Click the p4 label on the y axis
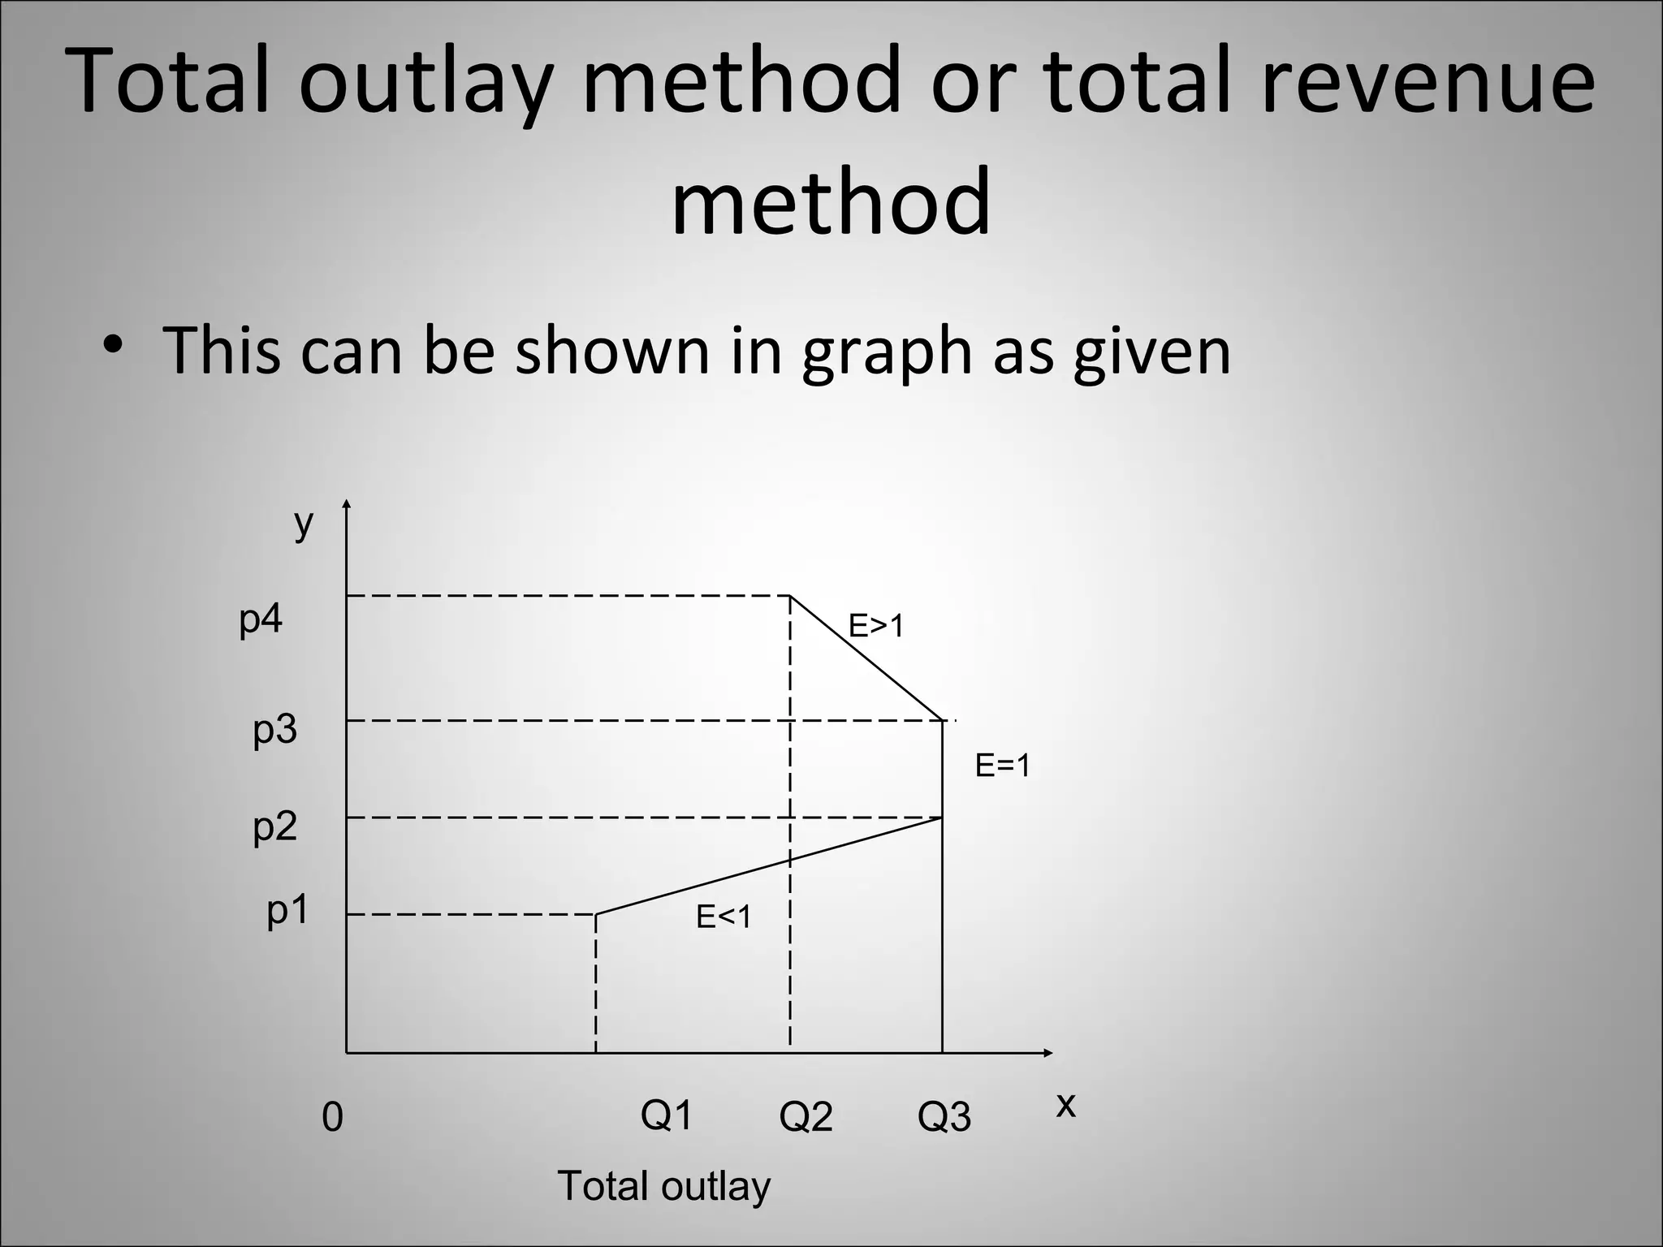261,620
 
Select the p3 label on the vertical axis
275,731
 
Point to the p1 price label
288,912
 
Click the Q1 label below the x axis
667,1115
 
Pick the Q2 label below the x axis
806,1118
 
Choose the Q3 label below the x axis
944,1118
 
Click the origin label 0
332,1119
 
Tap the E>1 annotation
876,627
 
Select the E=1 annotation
1003,766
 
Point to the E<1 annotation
724,917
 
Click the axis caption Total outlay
663,1186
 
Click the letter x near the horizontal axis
1065,1105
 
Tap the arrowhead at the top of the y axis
347,503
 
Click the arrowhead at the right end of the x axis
1048,1053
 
